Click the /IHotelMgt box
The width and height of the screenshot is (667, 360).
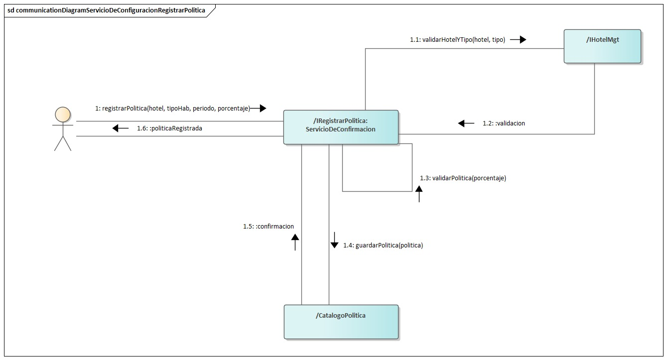point(602,46)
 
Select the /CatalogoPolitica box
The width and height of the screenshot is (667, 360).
point(341,322)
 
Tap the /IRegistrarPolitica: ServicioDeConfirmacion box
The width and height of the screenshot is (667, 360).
point(341,126)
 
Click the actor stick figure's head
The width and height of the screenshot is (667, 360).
point(62,115)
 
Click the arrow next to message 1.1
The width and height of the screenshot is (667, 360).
point(518,40)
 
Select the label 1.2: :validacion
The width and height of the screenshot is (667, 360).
point(504,123)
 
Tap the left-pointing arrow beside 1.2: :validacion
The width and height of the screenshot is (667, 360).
point(466,123)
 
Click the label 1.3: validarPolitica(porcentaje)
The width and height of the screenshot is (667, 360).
point(463,178)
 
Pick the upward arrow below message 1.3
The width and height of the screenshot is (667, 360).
point(419,193)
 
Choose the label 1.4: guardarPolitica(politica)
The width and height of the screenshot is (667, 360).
point(383,245)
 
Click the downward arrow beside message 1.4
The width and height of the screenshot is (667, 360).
point(334,240)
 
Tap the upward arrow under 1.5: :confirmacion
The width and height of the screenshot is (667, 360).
point(295,242)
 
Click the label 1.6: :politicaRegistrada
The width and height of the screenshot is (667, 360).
point(169,128)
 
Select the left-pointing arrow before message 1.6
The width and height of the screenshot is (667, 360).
point(120,128)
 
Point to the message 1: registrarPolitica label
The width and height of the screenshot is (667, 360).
point(172,108)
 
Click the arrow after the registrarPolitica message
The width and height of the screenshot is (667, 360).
point(259,108)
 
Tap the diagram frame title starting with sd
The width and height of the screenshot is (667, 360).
point(106,10)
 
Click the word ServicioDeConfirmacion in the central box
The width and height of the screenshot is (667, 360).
point(341,129)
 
